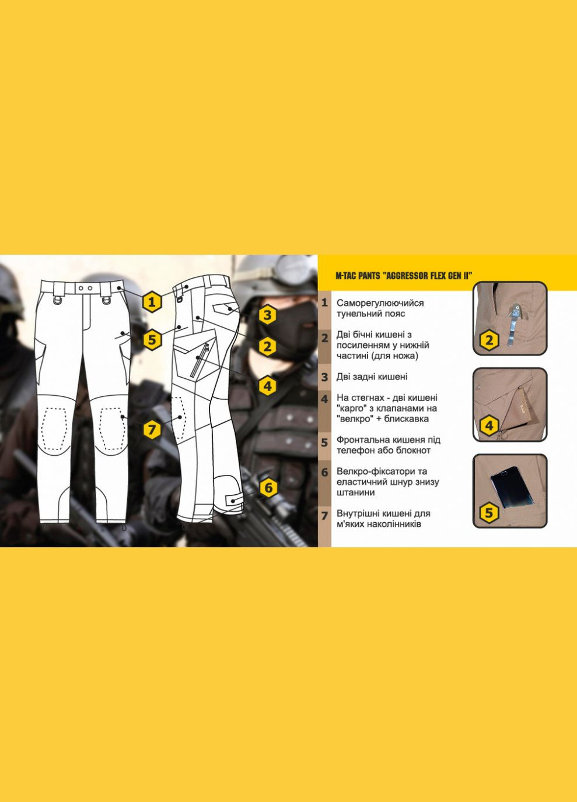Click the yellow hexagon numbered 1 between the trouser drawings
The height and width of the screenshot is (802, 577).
pos(152,302)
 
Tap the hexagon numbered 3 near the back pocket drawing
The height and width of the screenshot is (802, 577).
pos(267,315)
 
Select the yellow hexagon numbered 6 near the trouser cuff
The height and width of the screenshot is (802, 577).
pos(268,487)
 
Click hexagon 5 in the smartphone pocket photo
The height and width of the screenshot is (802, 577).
pos(489,513)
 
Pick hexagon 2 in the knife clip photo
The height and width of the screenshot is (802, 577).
pos(489,340)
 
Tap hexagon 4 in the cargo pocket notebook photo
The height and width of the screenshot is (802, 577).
pos(489,426)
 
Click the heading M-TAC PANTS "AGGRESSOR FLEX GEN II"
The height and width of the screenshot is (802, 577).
pos(403,276)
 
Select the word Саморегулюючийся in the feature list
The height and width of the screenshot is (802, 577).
pos(380,303)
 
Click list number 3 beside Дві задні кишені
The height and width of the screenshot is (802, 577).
pos(325,377)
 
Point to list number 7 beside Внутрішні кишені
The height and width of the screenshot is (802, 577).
pos(325,516)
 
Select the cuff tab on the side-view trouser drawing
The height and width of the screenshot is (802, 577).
pos(232,500)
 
